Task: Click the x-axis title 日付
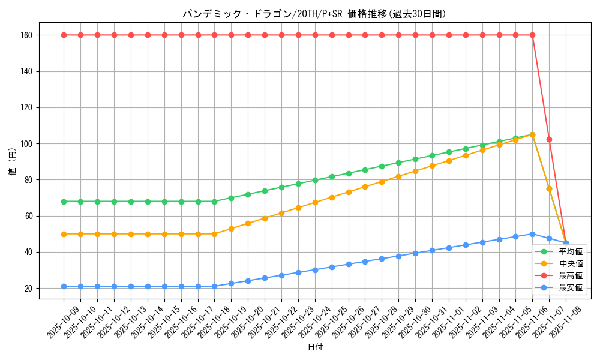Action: pos(315,347)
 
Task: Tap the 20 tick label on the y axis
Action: pos(28,288)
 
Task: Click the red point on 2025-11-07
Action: pos(549,139)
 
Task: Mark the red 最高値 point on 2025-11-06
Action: pos(532,35)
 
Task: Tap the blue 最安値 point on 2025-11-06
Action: pos(532,234)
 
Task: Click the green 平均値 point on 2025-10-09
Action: pos(64,202)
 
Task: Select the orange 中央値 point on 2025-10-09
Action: pos(64,234)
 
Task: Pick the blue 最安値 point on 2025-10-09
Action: pos(64,286)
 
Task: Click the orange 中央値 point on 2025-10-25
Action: pos(332,197)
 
